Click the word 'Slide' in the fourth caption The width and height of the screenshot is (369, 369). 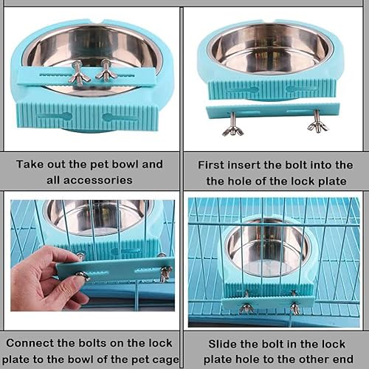pos(224,344)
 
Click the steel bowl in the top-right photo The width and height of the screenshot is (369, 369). pos(269,46)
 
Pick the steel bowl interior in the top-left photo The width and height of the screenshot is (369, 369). pos(92,48)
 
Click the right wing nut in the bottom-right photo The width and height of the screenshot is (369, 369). pos(295,306)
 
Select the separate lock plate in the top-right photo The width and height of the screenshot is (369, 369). pos(273,109)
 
